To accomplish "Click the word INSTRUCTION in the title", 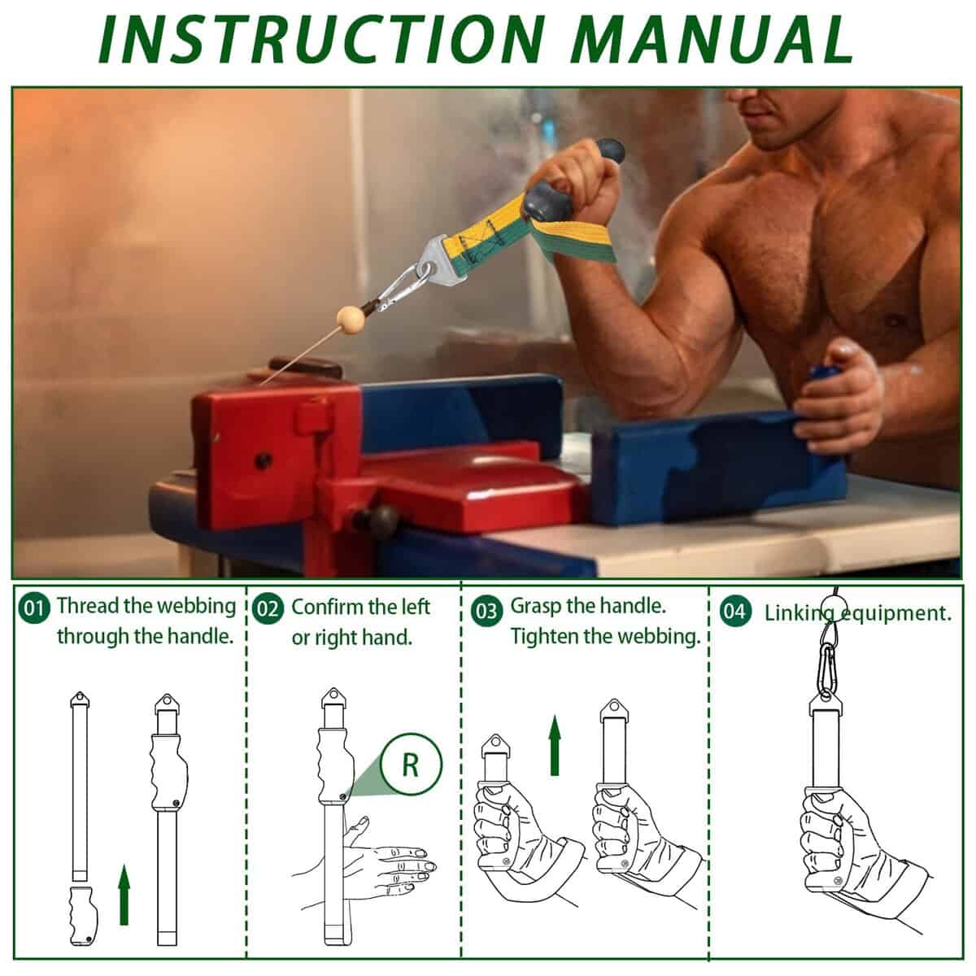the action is tap(324, 39).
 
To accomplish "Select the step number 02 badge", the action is tap(268, 609).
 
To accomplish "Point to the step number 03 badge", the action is tap(486, 612).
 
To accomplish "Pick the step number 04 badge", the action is tap(735, 612).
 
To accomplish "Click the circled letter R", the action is tap(410, 765).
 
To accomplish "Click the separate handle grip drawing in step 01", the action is tap(84, 916).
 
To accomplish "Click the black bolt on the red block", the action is tap(263, 461).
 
